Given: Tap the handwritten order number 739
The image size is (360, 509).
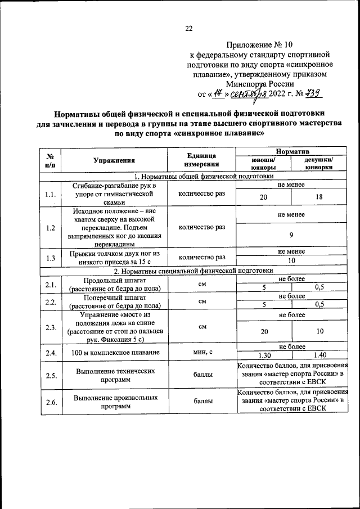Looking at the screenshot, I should [312, 94].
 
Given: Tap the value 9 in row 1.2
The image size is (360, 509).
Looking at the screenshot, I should [291, 235].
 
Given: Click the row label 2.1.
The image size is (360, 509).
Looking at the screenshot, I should [51, 285].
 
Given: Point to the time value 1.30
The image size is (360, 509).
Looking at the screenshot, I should [263, 355].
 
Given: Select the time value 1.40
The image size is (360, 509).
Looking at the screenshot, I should [319, 355].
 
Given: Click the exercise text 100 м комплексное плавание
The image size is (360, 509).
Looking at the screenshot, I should [114, 352].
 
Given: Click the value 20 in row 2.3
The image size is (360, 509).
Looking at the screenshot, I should [263, 332].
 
